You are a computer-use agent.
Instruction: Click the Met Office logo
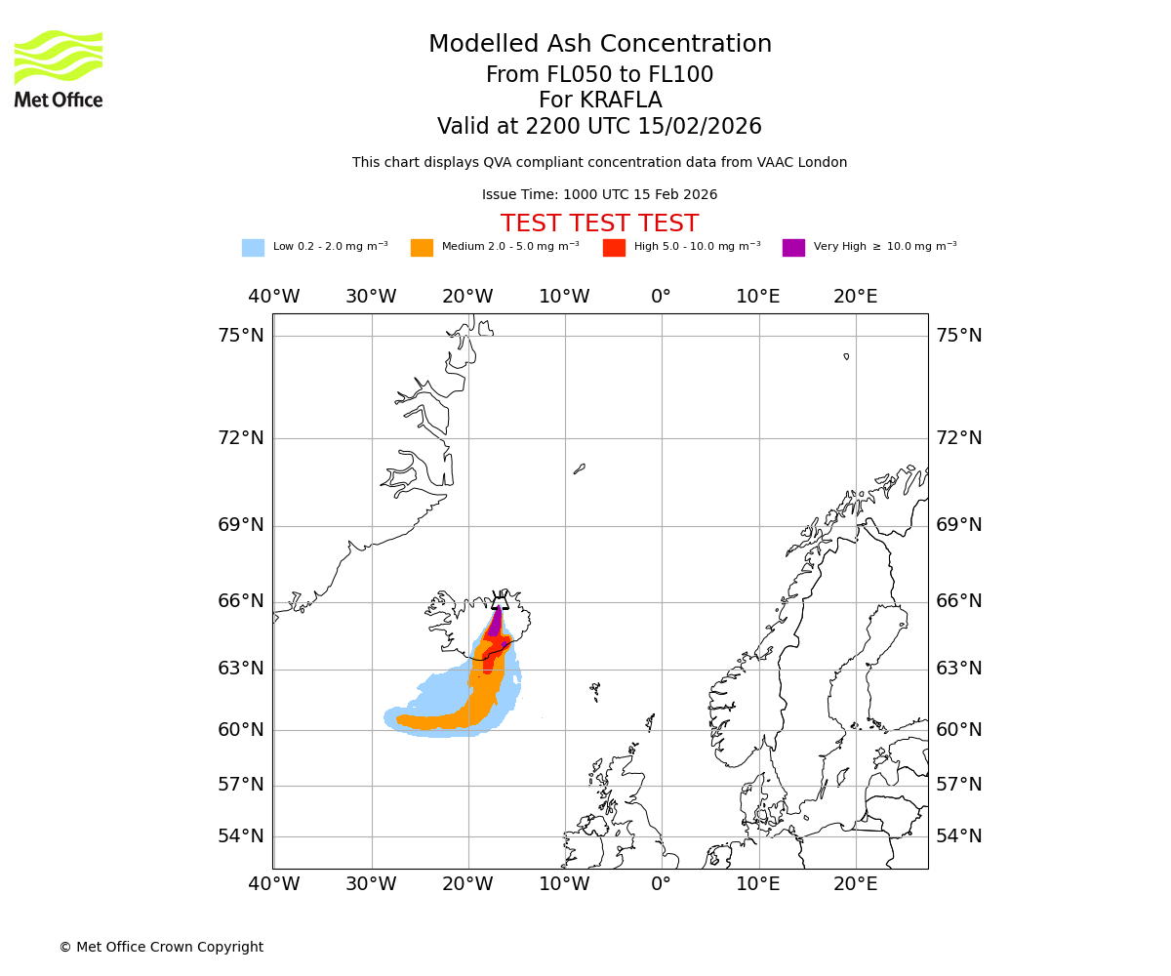pos(59,68)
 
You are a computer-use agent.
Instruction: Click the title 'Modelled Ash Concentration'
pos(600,45)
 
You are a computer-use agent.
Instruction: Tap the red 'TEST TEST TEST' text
pos(599,224)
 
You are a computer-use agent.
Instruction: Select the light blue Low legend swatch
pos(253,248)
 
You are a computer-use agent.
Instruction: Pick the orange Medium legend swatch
pos(422,248)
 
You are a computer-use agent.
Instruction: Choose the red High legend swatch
pos(614,248)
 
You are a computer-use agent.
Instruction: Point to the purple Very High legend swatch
pos(793,248)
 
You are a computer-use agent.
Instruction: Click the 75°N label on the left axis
pos(240,336)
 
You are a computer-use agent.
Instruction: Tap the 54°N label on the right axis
pos(958,836)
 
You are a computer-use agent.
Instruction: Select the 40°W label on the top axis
pos(273,297)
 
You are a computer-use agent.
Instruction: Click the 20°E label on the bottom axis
pos(855,884)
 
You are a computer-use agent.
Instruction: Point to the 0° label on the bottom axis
pos(661,884)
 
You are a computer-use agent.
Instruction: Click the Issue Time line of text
pos(599,195)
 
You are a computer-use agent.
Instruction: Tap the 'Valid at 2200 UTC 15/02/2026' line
pos(599,127)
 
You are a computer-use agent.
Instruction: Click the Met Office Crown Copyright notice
pos(161,948)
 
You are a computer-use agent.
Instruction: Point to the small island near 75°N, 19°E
pos(846,356)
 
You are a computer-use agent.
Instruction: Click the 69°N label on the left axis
pos(240,525)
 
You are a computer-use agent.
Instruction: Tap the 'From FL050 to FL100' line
pos(599,75)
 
